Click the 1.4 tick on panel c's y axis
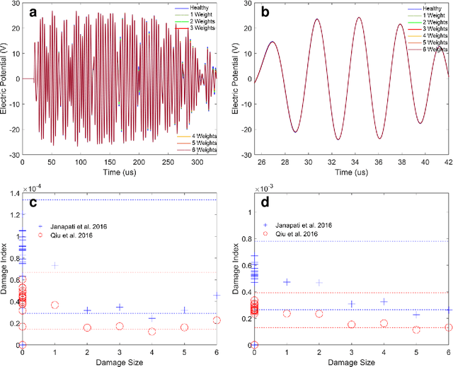pos(14,200)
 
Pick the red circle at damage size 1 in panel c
pos(55,305)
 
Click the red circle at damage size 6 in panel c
pos(217,320)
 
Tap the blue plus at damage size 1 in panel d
pos(287,282)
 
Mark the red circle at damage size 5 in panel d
pos(416,330)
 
